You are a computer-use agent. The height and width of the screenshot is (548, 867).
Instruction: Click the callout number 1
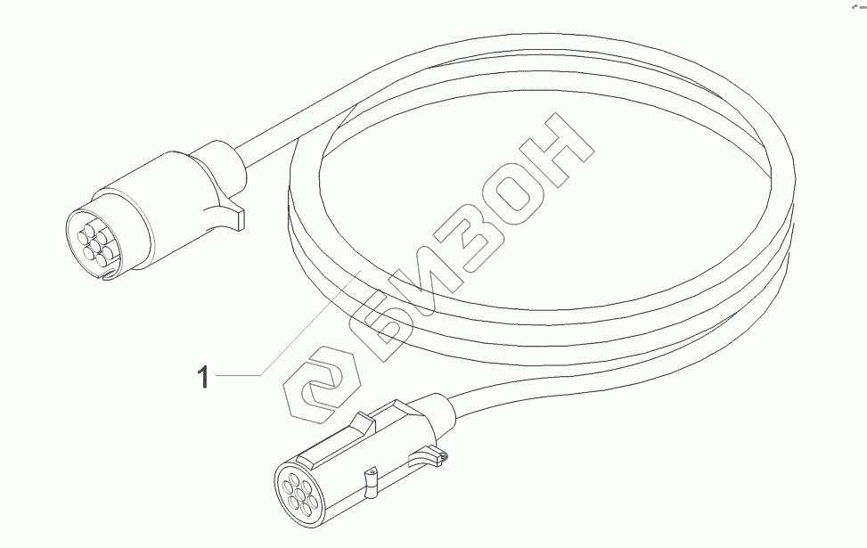(203, 378)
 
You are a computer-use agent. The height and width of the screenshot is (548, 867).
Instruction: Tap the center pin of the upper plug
(92, 239)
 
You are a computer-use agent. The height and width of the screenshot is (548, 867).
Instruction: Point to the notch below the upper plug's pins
(106, 275)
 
